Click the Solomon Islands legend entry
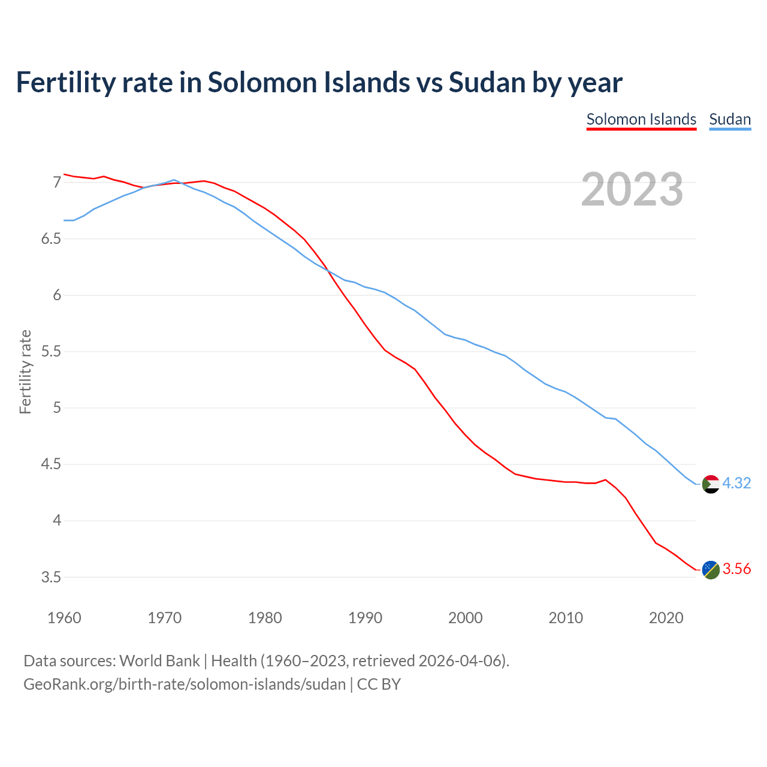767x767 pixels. [x=641, y=119]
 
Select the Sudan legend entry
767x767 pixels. [x=730, y=119]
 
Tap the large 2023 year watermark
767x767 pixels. [x=632, y=189]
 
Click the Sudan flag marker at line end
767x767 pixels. [x=711, y=484]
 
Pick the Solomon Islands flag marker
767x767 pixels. [x=711, y=570]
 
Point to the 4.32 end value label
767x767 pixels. [x=736, y=484]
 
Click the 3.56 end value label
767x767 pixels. [x=736, y=569]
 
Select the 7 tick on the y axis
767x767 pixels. [x=58, y=182]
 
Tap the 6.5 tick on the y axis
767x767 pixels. [x=52, y=239]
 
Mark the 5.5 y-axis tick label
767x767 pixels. [x=52, y=352]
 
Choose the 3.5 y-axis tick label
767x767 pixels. [x=52, y=578]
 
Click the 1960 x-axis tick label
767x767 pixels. [x=64, y=618]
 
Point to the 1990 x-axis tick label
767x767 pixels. [x=365, y=618]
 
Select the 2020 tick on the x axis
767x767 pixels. [x=666, y=618]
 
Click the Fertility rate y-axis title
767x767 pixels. [x=25, y=372]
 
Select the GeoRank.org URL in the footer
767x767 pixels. [x=185, y=684]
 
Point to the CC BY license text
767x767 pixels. [x=379, y=684]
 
